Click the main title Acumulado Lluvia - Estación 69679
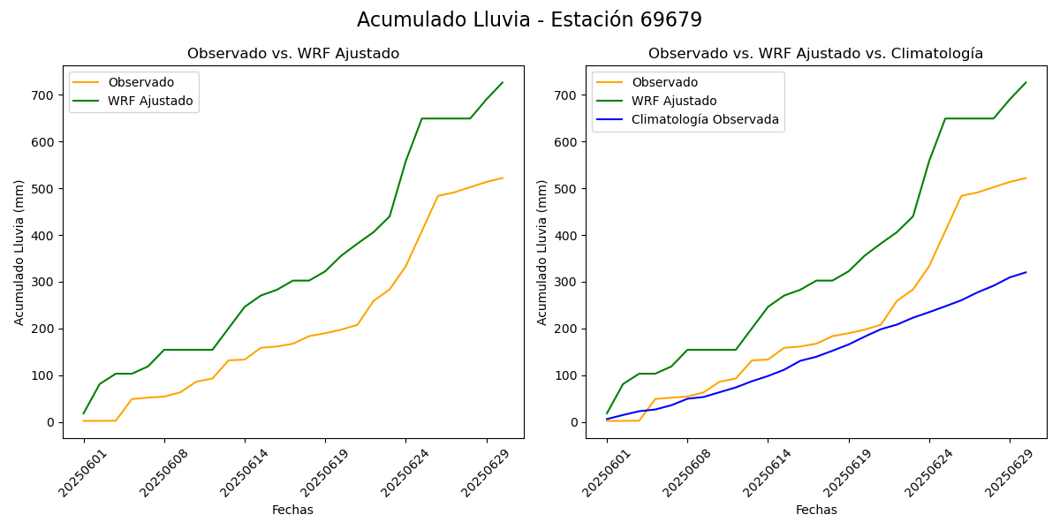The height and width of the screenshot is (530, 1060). [529, 20]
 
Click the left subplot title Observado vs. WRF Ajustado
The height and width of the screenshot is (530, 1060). [293, 54]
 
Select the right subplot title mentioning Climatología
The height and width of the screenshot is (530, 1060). [815, 54]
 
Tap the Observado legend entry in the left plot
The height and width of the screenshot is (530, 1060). [140, 83]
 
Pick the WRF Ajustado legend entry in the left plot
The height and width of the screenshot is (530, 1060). [150, 101]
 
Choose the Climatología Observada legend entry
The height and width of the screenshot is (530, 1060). [705, 119]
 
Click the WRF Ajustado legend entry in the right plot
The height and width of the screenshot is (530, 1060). [674, 101]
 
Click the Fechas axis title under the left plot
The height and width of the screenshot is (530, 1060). [292, 510]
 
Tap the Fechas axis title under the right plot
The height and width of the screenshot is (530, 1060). [816, 510]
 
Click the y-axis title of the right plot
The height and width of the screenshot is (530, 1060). [543, 252]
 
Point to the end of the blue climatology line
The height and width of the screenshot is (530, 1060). [1026, 272]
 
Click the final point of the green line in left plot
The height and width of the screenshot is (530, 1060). [503, 83]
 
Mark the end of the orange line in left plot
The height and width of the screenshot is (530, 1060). [503, 178]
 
